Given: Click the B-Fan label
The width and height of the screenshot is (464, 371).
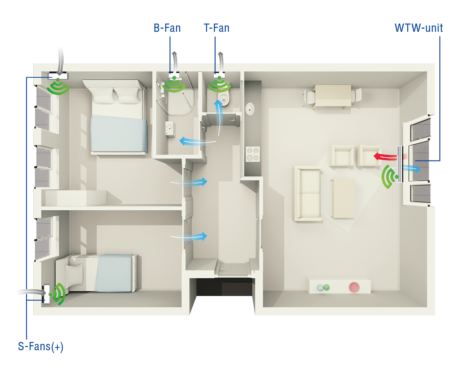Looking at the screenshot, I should point(167,28).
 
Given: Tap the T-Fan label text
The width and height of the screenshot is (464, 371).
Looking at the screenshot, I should point(216,28).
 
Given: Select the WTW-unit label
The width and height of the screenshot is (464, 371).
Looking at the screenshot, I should point(419,28).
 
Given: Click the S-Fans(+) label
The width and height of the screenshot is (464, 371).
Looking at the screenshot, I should point(41,347).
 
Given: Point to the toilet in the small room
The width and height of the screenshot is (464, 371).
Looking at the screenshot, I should point(224,98).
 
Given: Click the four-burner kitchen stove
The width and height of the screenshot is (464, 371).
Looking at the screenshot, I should point(252,154).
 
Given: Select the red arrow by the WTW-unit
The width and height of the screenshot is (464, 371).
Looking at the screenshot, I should point(385,157).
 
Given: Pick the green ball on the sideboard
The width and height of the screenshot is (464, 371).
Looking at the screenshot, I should point(326,287).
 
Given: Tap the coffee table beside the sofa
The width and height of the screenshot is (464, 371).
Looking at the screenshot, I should point(343,198).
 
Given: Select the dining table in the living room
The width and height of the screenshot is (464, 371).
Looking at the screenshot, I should point(333,97).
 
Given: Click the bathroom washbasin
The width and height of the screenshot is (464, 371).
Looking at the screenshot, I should point(170,128).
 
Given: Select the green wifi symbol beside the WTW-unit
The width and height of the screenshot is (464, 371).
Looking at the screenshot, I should point(389,177).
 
